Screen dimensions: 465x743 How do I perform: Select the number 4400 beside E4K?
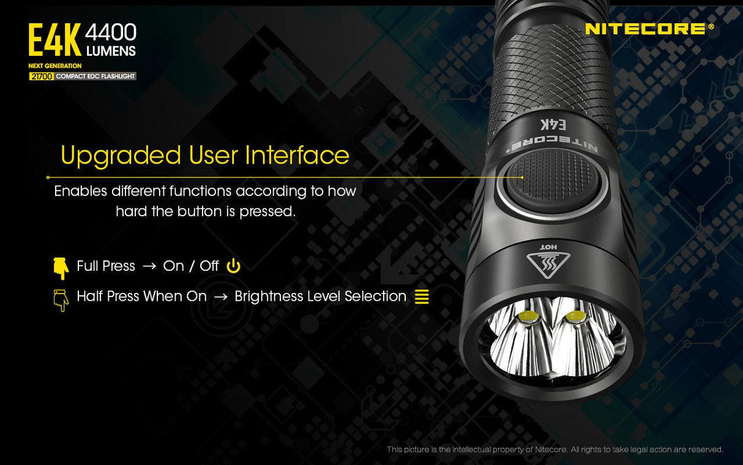coord(111,32)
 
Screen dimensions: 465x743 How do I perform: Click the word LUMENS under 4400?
coord(111,51)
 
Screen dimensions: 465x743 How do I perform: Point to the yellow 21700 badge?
coord(41,77)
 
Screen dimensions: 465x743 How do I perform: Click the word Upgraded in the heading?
coord(121,156)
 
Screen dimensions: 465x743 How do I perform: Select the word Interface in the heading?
coord(297,156)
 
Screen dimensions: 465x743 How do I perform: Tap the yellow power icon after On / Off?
coord(233,266)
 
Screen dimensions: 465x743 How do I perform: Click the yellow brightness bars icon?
coord(422,297)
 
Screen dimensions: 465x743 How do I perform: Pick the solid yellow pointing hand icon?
coord(61,268)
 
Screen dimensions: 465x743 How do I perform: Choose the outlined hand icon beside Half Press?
coord(61,300)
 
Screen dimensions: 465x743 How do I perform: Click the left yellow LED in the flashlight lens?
coord(528,317)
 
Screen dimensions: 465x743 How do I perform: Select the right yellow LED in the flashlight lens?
coord(575,316)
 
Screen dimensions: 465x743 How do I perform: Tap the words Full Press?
coord(106,266)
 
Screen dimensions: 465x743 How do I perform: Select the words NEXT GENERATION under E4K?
coord(55,66)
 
